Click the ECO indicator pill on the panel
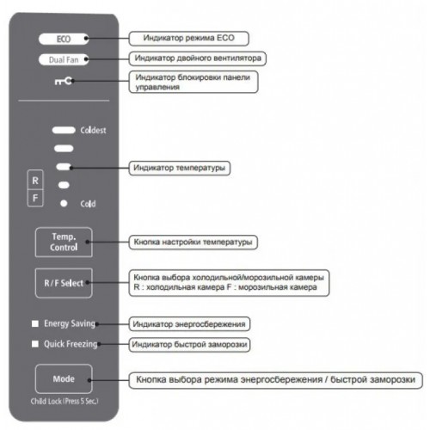tap(64, 39)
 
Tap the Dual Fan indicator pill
tap(64, 59)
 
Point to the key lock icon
tap(64, 82)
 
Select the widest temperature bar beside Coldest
tap(64, 130)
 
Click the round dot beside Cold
tap(64, 204)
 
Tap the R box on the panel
tap(35, 181)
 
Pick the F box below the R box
tap(35, 198)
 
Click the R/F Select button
tap(64, 283)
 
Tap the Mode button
tap(64, 378)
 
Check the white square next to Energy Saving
tap(35, 323)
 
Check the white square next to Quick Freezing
tap(35, 344)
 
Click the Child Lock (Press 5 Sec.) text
tap(64, 401)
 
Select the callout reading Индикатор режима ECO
tap(189, 39)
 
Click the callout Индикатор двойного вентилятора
tap(198, 58)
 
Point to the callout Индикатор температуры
tap(180, 168)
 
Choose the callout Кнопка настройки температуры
tap(193, 243)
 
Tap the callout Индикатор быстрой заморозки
tap(189, 345)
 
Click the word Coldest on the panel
tap(93, 131)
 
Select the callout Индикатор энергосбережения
tap(189, 324)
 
